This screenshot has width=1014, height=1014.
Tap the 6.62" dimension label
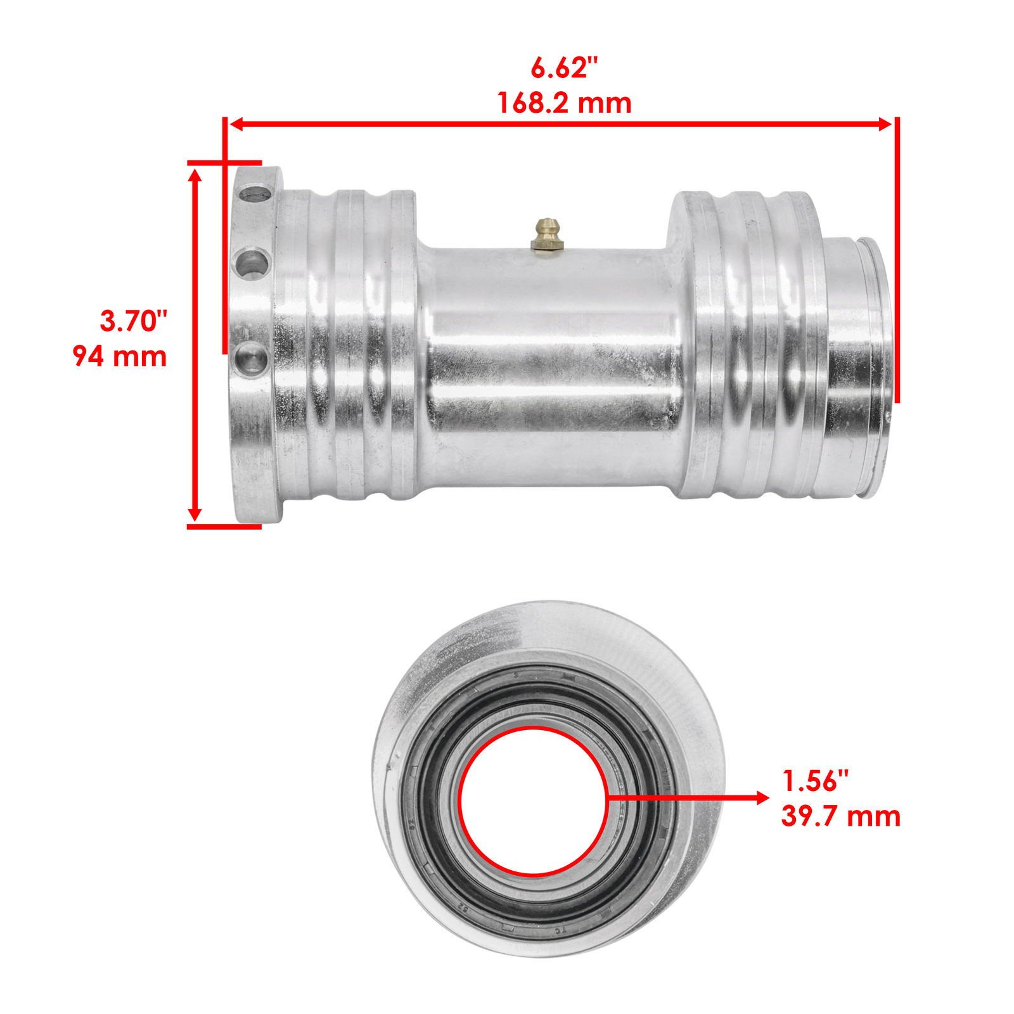[564, 68]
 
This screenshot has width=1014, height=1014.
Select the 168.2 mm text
[564, 103]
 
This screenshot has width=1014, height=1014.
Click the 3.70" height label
[134, 321]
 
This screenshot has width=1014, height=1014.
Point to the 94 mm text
[120, 356]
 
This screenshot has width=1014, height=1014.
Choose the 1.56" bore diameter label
[816, 781]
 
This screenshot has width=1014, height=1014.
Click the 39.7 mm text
[840, 816]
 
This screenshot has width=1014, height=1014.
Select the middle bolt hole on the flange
[252, 263]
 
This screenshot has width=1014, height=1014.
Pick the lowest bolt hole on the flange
[250, 359]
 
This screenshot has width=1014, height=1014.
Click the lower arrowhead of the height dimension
[195, 515]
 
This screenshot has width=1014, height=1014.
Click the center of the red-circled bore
[534, 802]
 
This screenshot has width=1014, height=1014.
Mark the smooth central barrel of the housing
[548, 368]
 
